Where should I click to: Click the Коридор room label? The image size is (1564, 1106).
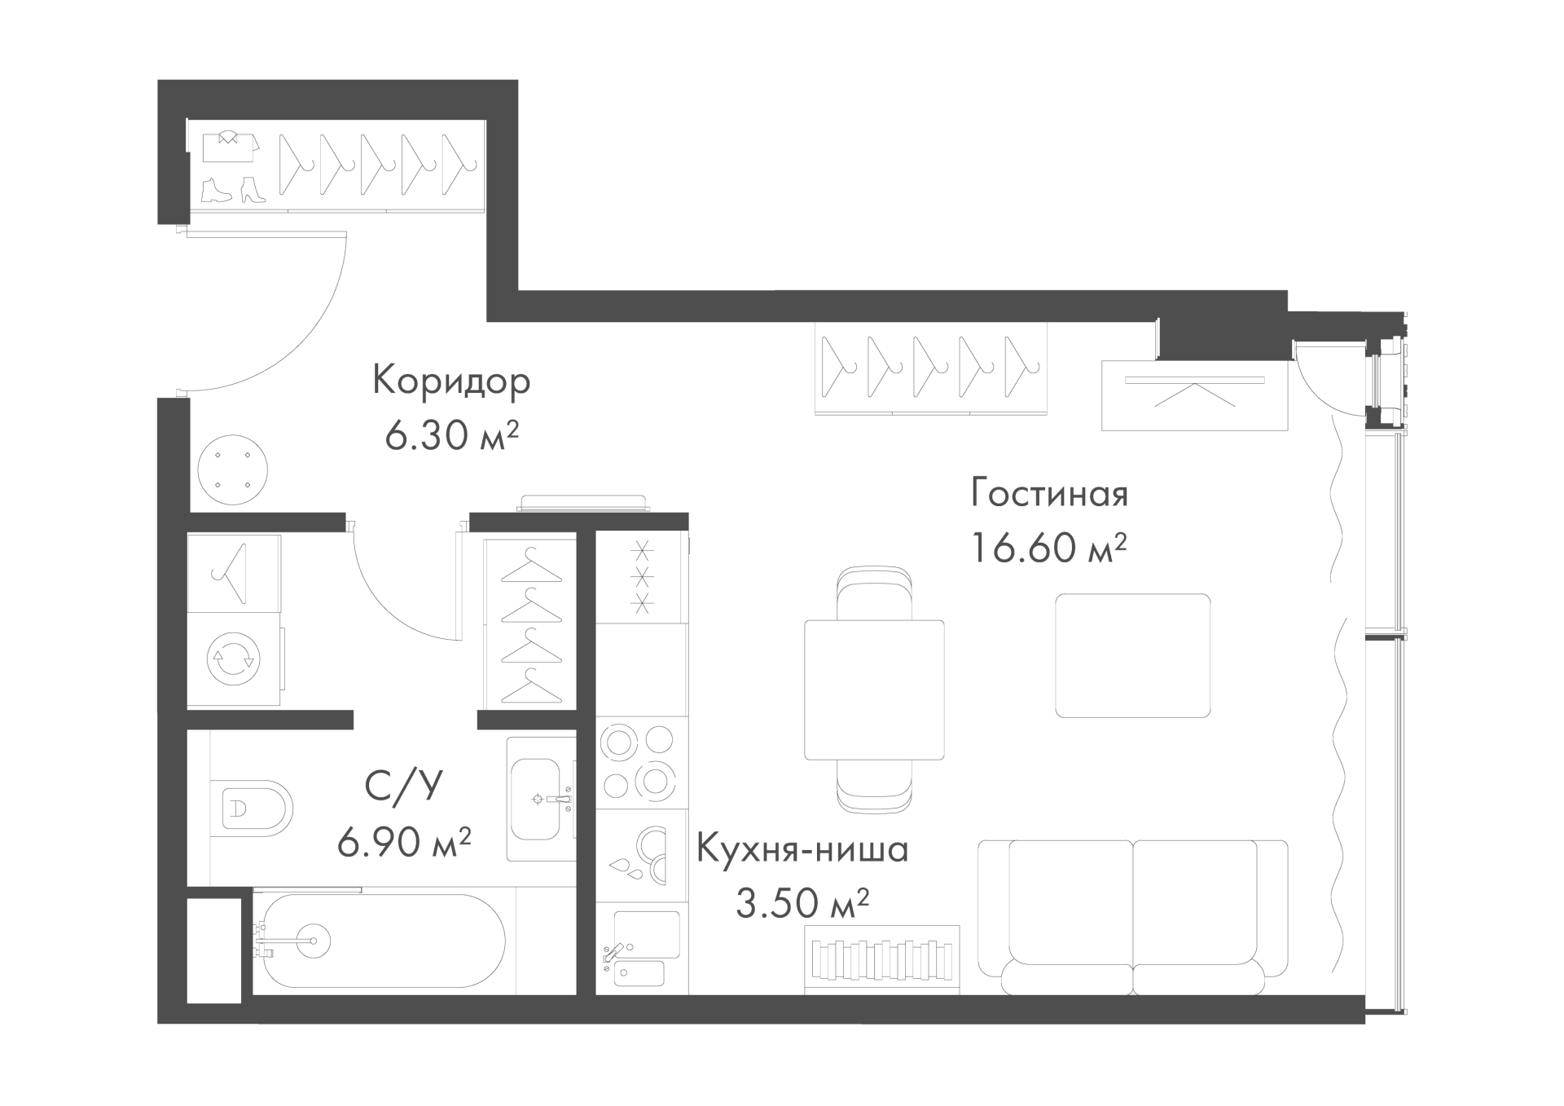coord(451,381)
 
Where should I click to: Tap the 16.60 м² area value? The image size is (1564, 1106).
coord(1048,547)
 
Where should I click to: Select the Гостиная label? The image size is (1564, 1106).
coord(1049,494)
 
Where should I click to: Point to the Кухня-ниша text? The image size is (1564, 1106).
coord(802,850)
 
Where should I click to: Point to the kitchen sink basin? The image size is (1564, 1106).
coord(646,934)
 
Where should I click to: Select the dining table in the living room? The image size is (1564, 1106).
coord(874,690)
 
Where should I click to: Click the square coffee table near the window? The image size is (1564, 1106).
coord(1132,655)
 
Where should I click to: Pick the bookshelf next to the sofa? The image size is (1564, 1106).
coord(882,959)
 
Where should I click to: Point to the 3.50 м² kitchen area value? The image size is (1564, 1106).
coord(802,903)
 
